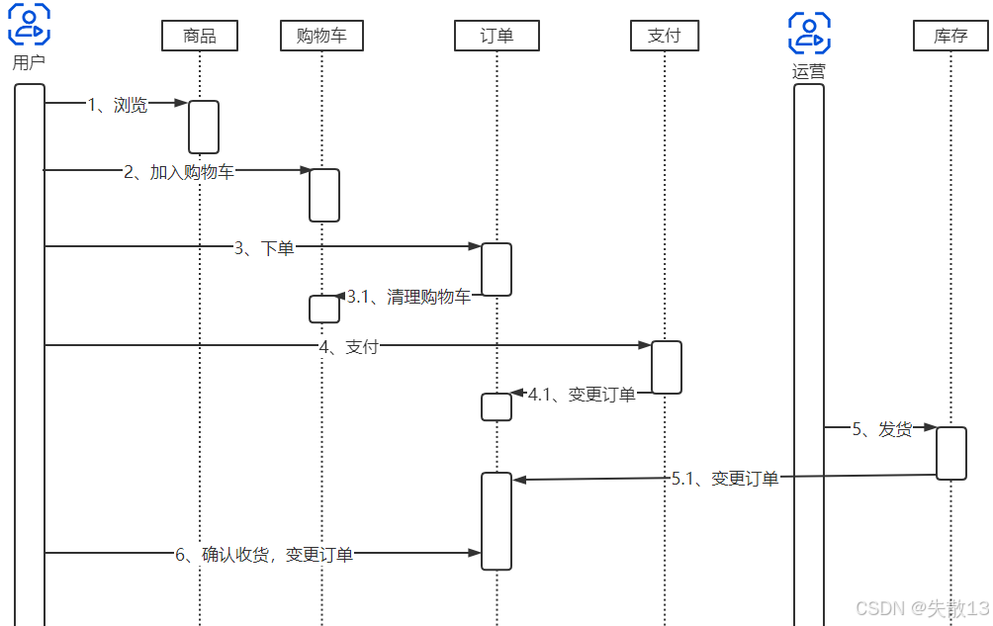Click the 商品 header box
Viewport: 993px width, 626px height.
pos(200,37)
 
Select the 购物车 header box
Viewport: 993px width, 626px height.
pos(321,37)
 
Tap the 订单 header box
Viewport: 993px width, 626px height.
pos(496,37)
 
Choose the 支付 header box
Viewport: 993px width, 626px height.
pos(665,37)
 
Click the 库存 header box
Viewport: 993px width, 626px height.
pos(950,37)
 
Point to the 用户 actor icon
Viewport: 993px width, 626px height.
pos(30,26)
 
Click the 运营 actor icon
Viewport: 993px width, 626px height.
pos(809,34)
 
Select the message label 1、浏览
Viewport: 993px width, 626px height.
pos(118,105)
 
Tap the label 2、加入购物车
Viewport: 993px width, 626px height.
pos(179,172)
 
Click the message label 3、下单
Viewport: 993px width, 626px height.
pos(264,248)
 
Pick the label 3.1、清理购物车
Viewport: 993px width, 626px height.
pos(408,297)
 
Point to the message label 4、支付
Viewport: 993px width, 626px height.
pos(348,347)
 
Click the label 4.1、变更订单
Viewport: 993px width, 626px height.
pos(582,395)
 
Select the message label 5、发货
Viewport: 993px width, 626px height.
pos(882,430)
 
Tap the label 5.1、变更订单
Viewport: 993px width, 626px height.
pos(725,479)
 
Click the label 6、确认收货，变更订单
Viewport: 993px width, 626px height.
pos(264,555)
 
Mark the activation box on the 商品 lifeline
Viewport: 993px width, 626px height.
pos(204,127)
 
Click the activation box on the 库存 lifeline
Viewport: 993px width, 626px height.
pos(950,453)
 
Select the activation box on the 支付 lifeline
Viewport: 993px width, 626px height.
pos(667,367)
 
